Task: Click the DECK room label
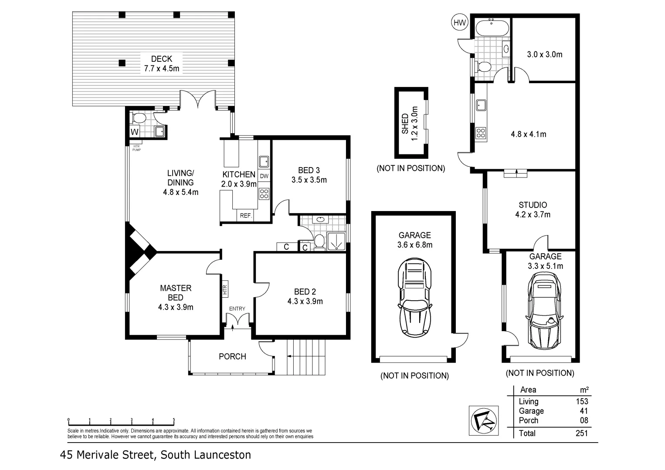point(161,59)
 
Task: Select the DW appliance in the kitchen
point(264,176)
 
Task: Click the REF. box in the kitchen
point(246,215)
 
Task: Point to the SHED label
point(405,124)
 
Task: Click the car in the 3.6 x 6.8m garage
point(414,298)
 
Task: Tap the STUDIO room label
point(533,205)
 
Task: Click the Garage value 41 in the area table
point(584,411)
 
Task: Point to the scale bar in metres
point(121,423)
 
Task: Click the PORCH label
point(232,356)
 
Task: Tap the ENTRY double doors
point(237,322)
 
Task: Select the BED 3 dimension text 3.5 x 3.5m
point(309,180)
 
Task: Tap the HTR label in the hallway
point(225,290)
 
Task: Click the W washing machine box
point(135,131)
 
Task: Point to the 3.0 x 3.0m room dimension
point(544,54)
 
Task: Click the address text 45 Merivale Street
point(109,455)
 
